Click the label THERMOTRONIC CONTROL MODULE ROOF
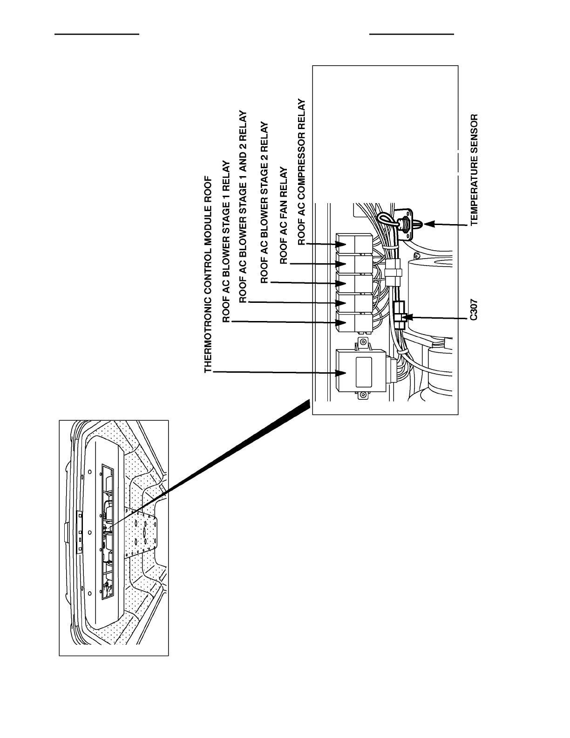(208, 275)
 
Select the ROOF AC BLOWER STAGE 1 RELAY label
(226, 242)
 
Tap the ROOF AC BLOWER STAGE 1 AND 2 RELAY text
(243, 207)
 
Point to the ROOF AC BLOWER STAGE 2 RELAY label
(265, 203)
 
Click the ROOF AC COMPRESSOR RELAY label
(302, 172)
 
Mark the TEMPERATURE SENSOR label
(474, 170)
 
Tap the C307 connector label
(473, 309)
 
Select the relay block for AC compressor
(354, 244)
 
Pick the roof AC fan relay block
(354, 264)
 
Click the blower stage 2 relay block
(354, 283)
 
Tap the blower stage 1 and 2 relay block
(354, 303)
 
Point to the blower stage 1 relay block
(354, 322)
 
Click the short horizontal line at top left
(97, 34)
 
